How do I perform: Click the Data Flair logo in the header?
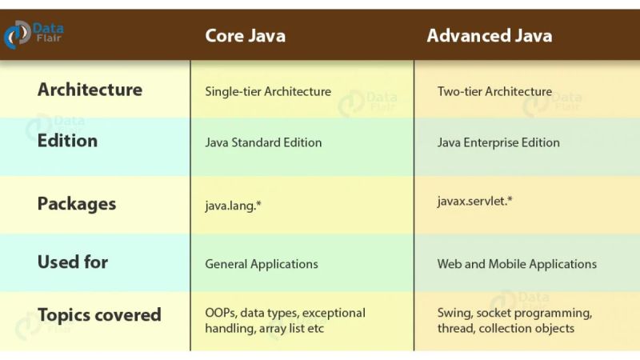(34, 34)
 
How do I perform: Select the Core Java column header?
(245, 36)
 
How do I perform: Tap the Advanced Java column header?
(489, 36)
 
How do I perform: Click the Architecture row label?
(90, 90)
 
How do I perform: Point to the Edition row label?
(67, 141)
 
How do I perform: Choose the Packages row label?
(77, 203)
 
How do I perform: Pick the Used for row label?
(72, 262)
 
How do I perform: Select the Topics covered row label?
(99, 314)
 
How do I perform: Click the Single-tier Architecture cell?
(268, 91)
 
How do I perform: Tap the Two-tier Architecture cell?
(494, 91)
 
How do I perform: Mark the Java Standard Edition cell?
(263, 142)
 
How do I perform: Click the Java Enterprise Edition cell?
(498, 142)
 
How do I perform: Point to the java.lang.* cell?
(234, 206)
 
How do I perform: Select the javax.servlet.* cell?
(475, 201)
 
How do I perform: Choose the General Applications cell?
(262, 264)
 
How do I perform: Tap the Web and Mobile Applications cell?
(517, 264)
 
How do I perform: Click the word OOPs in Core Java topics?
(220, 313)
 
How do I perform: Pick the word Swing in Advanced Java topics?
(454, 313)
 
